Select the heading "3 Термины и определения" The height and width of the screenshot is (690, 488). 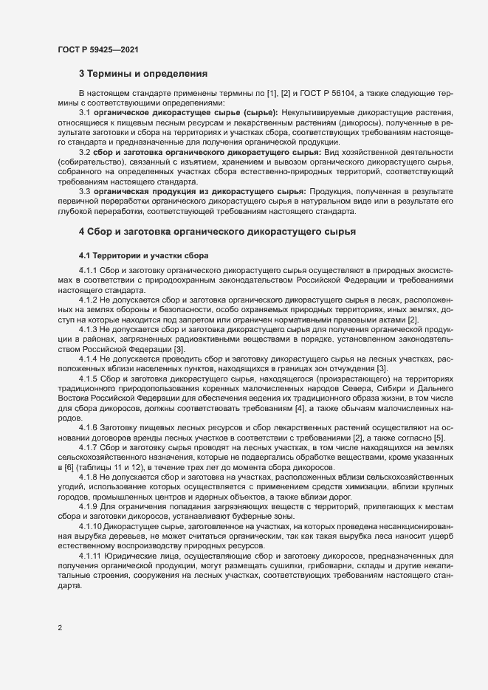coord(143,74)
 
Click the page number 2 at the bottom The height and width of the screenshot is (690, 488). coord(60,629)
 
